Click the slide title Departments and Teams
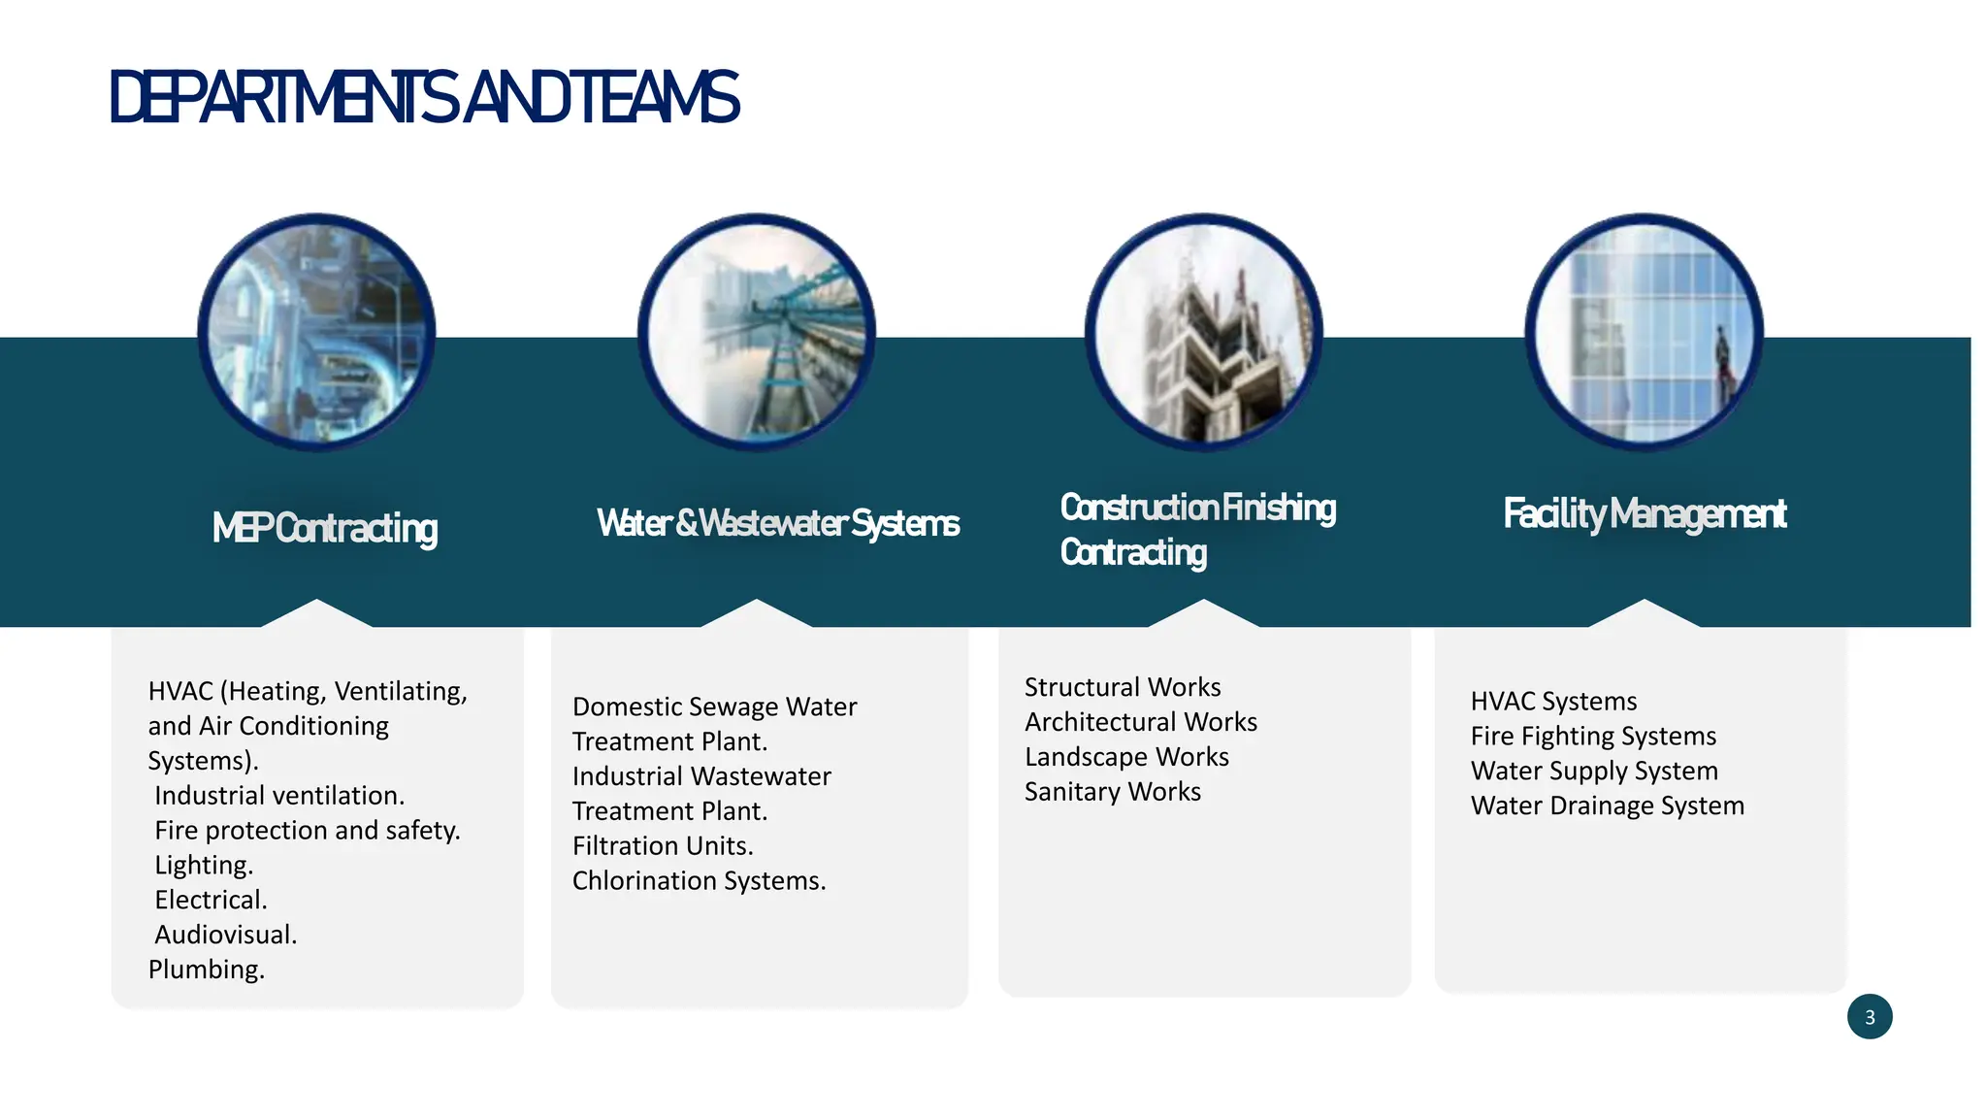coord(424,98)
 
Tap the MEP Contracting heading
coord(325,528)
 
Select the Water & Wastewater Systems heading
coord(778,523)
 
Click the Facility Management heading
coord(1645,513)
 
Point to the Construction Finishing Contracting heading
coord(1197,529)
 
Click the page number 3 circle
coord(1870,1017)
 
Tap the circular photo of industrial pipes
coord(316,332)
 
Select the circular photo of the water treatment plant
coord(757,332)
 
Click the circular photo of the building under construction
coord(1203,332)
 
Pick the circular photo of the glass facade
coord(1644,332)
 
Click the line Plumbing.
coord(207,970)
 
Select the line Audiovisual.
coord(225,935)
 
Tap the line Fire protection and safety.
coord(307,831)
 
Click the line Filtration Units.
coord(663,846)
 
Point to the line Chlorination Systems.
coord(699,881)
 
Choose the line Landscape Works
coord(1126,757)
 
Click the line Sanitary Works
coord(1113,792)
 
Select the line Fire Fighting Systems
coord(1593,737)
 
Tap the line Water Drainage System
coord(1607,806)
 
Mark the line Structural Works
coord(1123,687)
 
